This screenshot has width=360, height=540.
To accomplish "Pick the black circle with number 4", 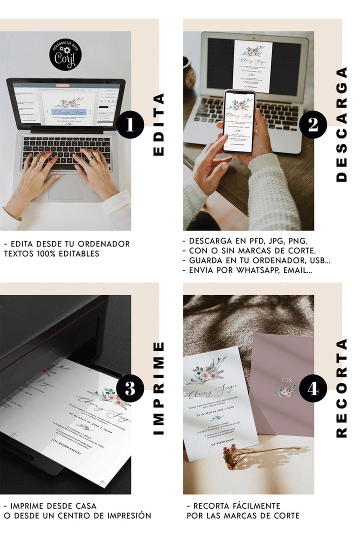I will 313,389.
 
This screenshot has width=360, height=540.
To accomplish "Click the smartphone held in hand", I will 238,121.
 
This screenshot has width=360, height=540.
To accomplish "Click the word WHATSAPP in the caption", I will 263,270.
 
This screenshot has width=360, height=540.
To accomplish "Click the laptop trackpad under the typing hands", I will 66,186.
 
